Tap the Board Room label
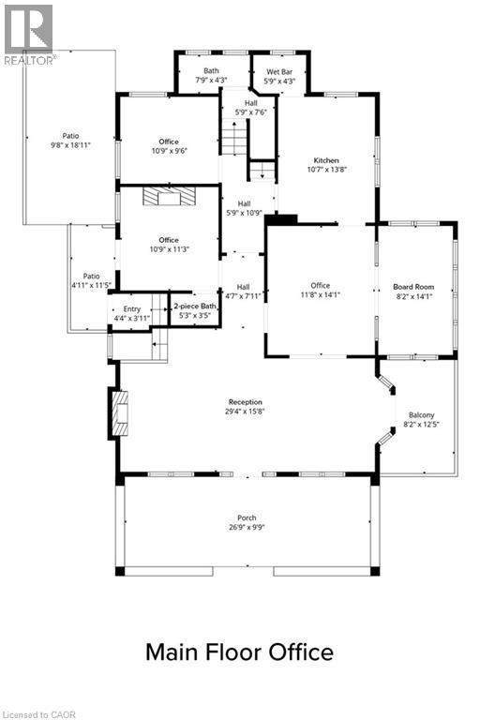click(x=413, y=292)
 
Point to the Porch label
click(x=247, y=522)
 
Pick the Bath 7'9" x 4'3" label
click(x=213, y=75)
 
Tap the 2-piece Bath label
click(x=195, y=310)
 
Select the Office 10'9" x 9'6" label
click(x=168, y=146)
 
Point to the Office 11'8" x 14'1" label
click(x=321, y=291)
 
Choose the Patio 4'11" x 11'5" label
click(x=91, y=280)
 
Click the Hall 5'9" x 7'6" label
click(x=250, y=108)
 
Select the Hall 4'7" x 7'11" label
click(x=243, y=292)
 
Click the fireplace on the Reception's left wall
click(x=119, y=413)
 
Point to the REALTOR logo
click(x=29, y=34)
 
